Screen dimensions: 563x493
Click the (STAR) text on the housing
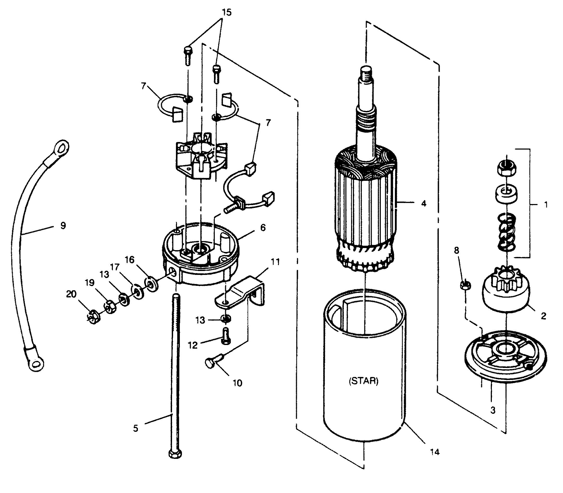click(363, 381)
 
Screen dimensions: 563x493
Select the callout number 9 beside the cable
click(63, 226)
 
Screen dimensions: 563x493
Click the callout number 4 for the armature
click(424, 204)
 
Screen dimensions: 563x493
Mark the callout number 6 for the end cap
click(263, 228)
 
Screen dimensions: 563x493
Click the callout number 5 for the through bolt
click(135, 428)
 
